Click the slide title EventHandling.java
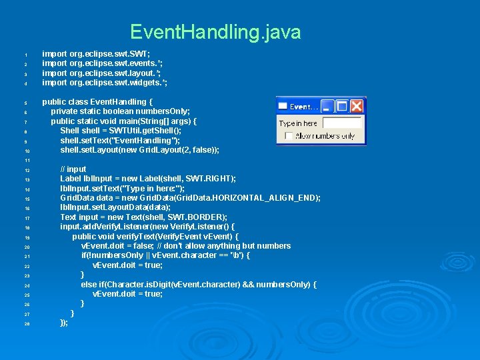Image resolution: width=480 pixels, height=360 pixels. (215, 32)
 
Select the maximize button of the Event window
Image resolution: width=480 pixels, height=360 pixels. (342, 106)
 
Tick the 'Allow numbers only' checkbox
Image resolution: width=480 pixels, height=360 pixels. (288, 136)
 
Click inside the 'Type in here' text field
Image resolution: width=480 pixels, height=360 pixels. (342, 123)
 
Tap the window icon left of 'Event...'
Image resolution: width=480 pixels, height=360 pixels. (283, 107)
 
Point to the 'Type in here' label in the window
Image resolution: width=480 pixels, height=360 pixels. (298, 123)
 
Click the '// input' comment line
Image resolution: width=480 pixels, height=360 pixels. (73, 169)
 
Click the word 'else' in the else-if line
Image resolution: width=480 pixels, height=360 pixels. (89, 285)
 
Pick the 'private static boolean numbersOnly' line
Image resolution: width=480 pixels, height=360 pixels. (120, 111)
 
